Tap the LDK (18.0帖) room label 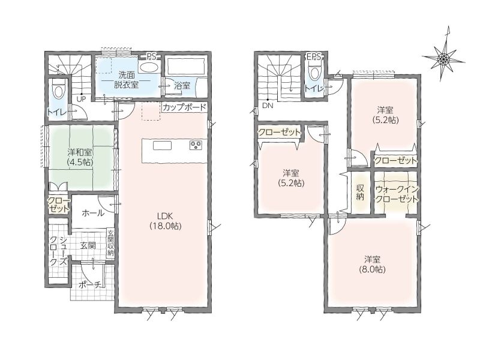[166, 221]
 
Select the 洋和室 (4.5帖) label [80, 157]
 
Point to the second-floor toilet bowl [314, 72]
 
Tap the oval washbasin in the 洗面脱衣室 [148, 67]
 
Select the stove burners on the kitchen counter [196, 144]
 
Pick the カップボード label [184, 107]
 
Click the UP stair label [81, 98]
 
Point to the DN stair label [267, 106]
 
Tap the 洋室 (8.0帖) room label [372, 265]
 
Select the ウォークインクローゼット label [396, 194]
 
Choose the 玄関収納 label [110, 243]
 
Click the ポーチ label [90, 285]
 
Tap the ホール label [93, 213]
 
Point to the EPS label [313, 56]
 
